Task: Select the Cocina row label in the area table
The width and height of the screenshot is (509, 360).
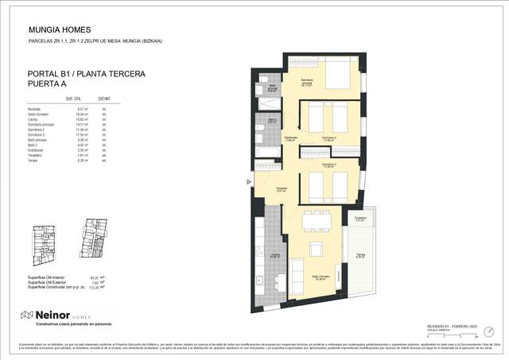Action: [34, 118]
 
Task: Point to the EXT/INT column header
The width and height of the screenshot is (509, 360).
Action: [103, 99]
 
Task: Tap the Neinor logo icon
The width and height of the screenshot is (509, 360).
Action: [26, 315]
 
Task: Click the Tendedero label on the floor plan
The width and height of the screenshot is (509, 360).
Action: [359, 219]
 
